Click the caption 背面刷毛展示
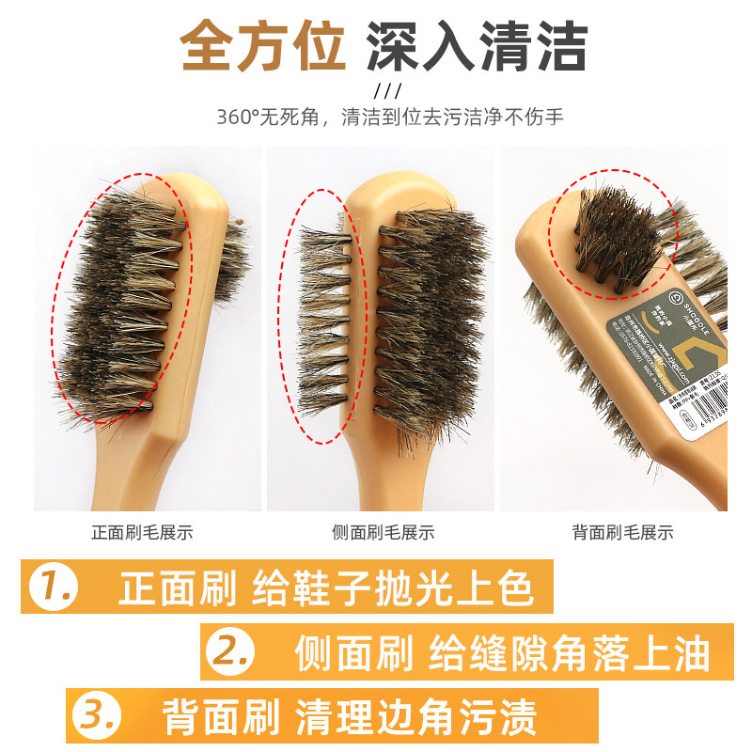point(622,532)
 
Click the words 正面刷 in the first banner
point(175,588)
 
